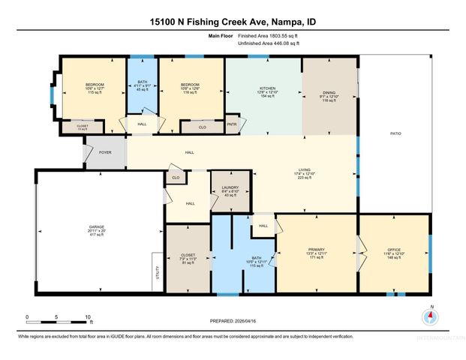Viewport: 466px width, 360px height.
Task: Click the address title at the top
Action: click(233, 23)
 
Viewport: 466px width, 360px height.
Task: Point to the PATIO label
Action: click(395, 133)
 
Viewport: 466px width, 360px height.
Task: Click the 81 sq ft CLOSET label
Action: click(188, 258)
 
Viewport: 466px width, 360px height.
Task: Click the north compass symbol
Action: click(430, 315)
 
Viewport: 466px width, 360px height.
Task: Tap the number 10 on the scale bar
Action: click(89, 317)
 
